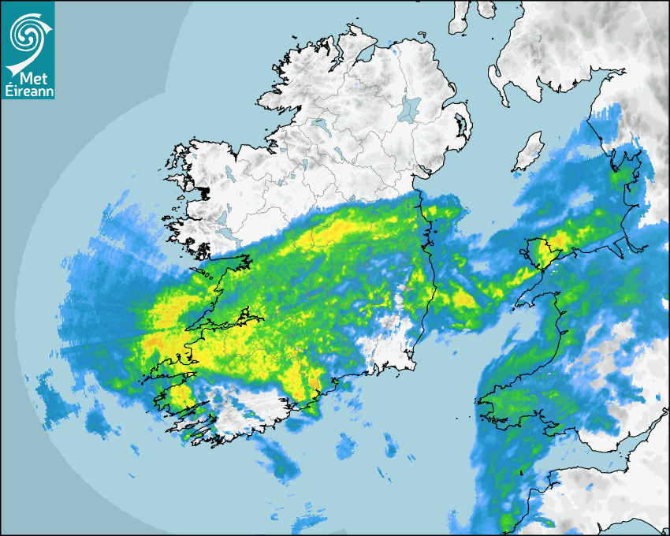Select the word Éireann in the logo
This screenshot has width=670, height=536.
pos(28,92)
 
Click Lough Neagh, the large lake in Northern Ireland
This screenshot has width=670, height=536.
pos(410,108)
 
